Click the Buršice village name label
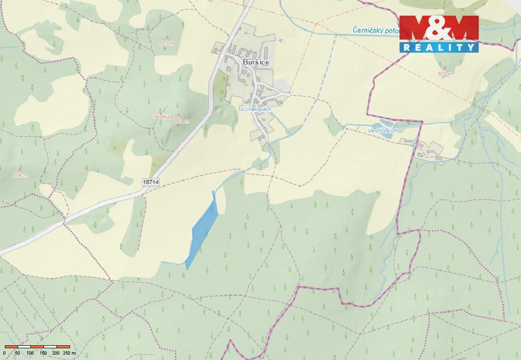256,63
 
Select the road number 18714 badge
151,182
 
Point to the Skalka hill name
161,117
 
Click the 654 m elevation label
181,121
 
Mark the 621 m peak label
167,43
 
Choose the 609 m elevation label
20,175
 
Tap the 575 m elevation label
445,73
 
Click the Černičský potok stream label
376,30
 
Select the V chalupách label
255,109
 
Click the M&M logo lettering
439,28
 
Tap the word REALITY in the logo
439,47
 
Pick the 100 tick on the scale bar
30,353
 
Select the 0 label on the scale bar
4,353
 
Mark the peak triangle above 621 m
167,37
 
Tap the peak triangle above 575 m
445,68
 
